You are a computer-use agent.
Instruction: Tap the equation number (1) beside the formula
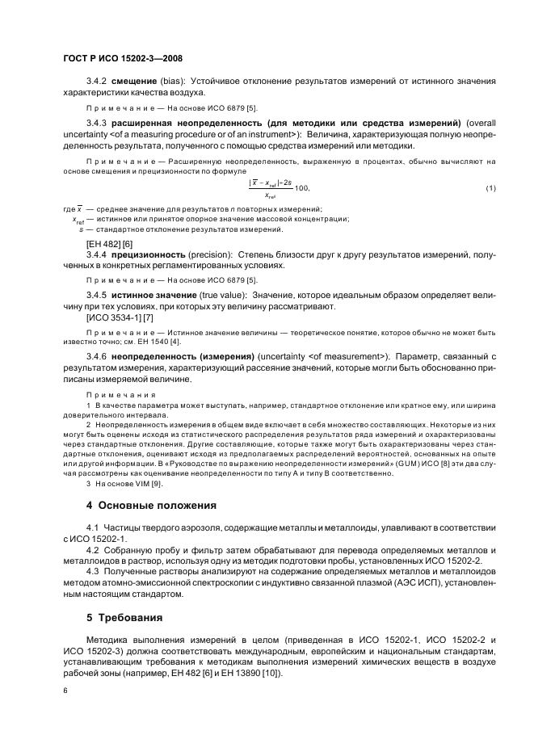490,188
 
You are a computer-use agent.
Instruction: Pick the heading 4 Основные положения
152,506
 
